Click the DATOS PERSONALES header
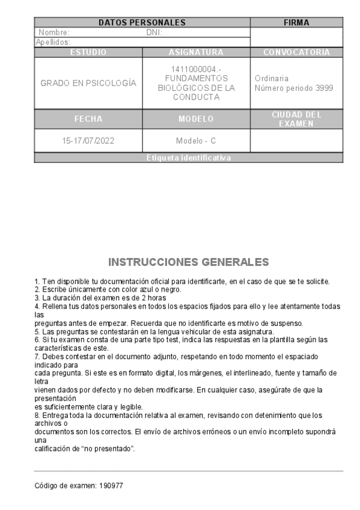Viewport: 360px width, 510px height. coord(142,23)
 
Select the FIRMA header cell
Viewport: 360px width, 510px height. coord(296,23)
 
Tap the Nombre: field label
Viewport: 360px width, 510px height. coord(54,32)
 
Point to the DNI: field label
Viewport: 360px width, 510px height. coord(154,32)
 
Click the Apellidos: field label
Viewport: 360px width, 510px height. coord(53,42)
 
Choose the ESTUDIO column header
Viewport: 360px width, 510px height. coord(88,52)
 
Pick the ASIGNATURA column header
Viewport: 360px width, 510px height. coord(196,52)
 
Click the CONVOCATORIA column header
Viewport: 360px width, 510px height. coord(296,52)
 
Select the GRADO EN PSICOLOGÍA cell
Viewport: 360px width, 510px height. coord(88,83)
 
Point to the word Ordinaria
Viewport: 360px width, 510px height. coord(272,78)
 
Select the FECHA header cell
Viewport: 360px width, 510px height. coord(88,119)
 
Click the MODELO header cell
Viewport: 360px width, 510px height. coord(196,119)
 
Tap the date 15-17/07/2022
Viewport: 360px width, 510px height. coord(88,141)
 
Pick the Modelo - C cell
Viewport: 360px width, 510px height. coord(196,141)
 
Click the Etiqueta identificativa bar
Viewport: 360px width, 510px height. coord(189,158)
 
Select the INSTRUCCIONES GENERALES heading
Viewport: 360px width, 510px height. coord(189,262)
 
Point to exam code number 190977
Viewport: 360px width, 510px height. coord(112,485)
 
